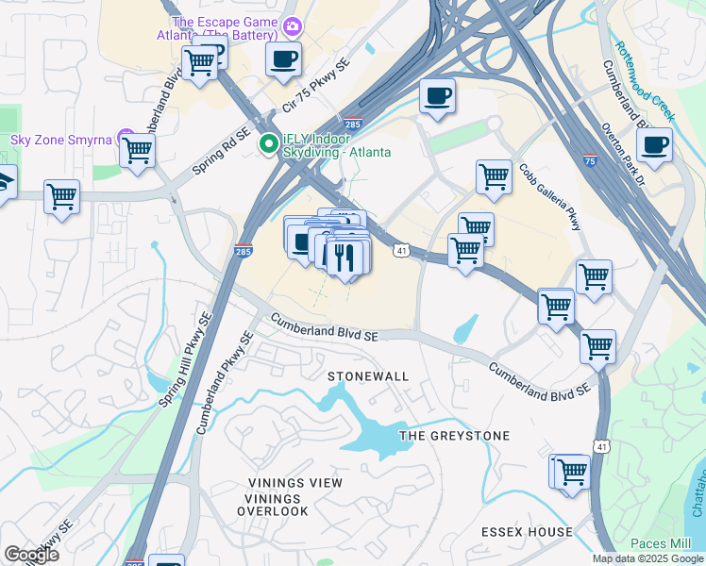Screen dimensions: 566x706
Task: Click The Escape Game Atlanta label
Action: click(225, 29)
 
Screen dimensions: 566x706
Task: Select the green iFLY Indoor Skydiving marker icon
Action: click(269, 144)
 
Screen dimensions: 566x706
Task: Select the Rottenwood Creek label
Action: click(644, 79)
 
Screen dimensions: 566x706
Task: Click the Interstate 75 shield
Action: click(590, 161)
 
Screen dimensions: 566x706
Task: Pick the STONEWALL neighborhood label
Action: click(368, 376)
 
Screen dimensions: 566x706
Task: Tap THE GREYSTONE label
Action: click(454, 436)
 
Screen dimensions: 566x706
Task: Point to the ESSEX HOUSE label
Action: click(526, 532)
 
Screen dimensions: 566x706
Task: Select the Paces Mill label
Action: click(661, 544)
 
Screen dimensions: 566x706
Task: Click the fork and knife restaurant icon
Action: click(344, 256)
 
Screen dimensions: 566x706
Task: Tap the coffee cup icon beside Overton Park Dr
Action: click(654, 145)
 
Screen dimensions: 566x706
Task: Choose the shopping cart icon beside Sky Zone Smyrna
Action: click(138, 149)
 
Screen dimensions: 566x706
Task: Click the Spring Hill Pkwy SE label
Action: click(183, 359)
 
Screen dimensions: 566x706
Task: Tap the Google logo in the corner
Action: click(31, 555)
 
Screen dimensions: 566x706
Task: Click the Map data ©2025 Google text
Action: click(647, 558)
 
